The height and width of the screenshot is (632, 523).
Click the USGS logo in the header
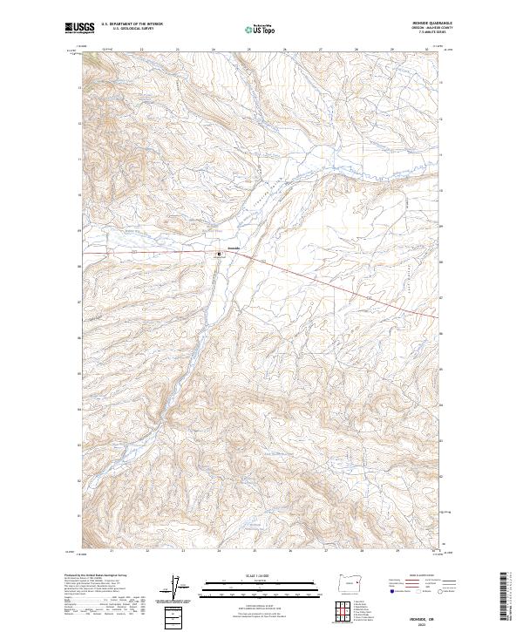coord(79,28)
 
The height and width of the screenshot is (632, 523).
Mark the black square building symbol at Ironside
coord(219,255)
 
